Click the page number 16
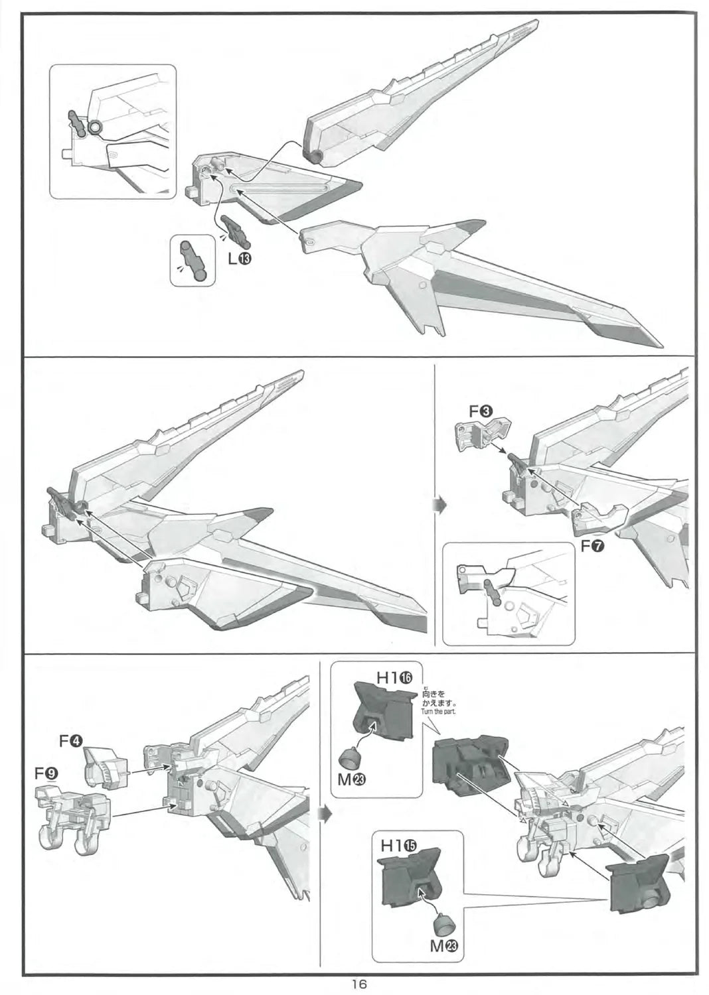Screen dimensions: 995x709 tap(358, 984)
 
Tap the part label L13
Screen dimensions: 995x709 tap(238, 259)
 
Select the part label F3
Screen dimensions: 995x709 tap(481, 411)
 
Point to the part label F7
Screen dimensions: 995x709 tap(592, 548)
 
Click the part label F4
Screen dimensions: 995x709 tap(70, 741)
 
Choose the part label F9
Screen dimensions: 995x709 tap(46, 773)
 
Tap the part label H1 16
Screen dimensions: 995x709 tap(394, 677)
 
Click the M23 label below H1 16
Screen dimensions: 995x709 tap(352, 780)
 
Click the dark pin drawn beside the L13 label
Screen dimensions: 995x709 tap(234, 230)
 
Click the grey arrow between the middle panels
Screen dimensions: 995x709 tap(438, 506)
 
